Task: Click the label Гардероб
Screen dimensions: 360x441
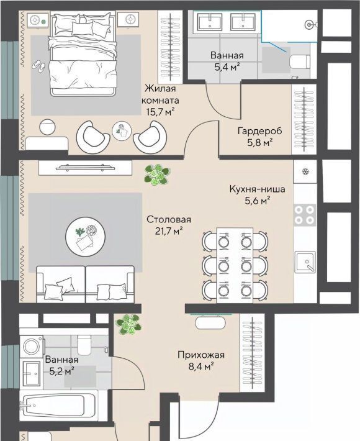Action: click(259, 131)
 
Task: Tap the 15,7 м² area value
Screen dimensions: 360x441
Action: click(161, 112)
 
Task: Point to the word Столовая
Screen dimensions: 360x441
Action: click(169, 219)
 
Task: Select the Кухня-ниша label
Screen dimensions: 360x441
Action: click(257, 189)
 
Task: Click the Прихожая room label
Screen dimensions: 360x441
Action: click(201, 355)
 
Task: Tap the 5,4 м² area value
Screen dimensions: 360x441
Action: click(227, 67)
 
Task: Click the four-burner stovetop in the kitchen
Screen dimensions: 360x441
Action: click(305, 215)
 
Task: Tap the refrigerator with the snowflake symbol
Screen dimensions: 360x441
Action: click(305, 171)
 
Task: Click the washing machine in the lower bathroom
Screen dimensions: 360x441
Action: click(32, 346)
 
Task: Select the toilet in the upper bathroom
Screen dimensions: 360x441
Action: click(300, 61)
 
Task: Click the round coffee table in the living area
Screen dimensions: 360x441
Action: click(86, 236)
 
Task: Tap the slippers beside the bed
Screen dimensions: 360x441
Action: click(38, 65)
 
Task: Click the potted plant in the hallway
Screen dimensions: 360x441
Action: click(128, 324)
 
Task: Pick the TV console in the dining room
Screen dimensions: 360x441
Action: click(86, 168)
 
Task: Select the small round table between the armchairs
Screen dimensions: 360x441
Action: click(122, 131)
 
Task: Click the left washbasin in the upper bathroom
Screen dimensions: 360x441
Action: click(210, 22)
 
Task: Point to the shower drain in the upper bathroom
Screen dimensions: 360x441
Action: click(309, 25)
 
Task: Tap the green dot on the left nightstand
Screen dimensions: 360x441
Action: click(43, 21)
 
